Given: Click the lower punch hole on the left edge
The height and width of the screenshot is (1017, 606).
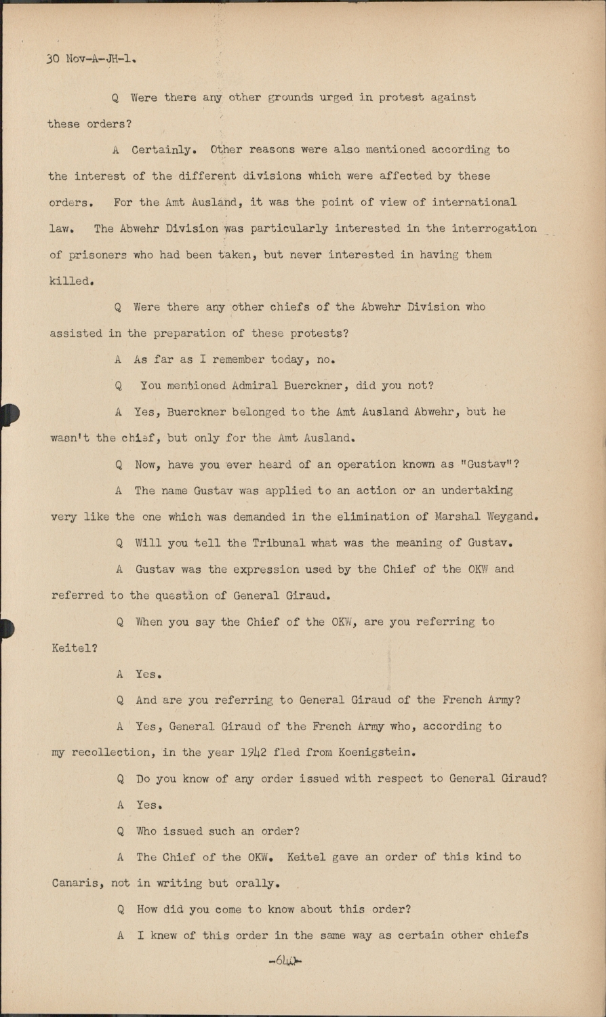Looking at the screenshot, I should [7, 629].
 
